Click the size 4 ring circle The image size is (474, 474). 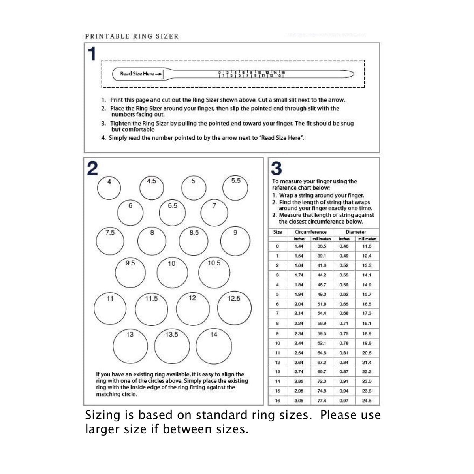[109, 188]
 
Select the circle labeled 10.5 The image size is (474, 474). [214, 273]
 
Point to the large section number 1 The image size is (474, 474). [92, 54]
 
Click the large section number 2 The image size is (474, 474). [92, 169]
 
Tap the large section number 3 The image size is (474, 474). [276, 169]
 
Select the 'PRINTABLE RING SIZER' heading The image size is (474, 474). [132, 36]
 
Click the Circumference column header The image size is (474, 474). [310, 232]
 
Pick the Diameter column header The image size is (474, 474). [355, 232]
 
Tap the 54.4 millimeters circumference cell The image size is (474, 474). [322, 313]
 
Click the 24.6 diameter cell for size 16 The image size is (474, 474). [367, 401]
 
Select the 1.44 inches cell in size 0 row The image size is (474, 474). [299, 246]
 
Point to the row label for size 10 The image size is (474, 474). [277, 343]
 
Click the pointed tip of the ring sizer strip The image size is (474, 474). [353, 74]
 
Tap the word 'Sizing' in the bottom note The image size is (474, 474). [102, 416]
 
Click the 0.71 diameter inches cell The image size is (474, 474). [344, 323]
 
